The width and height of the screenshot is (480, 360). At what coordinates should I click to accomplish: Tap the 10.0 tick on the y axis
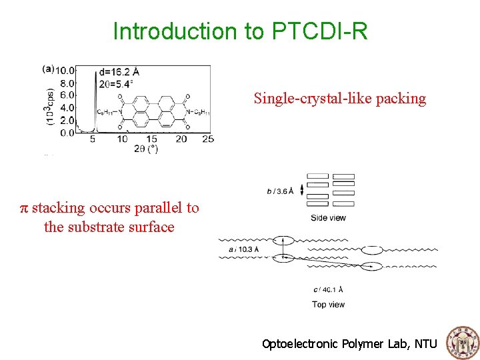point(65,70)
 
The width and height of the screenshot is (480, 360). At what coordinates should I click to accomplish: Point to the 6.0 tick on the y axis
point(67,95)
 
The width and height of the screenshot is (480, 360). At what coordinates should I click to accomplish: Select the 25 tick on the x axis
point(207,139)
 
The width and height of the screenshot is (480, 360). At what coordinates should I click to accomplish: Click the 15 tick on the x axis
point(151,139)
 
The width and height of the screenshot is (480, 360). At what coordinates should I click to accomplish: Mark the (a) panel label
point(48,68)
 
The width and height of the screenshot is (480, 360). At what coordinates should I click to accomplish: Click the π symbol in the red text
point(24,208)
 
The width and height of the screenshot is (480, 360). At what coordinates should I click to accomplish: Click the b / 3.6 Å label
point(280,191)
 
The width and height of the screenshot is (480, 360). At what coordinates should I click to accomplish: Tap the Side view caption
point(328,218)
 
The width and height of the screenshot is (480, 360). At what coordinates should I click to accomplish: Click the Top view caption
point(328,304)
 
